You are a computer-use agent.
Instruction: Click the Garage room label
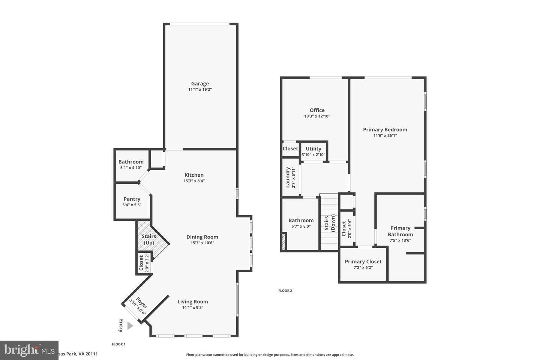coord(200,84)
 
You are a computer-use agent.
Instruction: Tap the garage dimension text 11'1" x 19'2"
coord(200,90)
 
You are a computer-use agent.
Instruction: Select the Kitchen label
coord(194,175)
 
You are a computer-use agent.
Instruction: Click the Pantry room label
coord(132,199)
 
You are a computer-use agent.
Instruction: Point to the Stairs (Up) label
coord(149,239)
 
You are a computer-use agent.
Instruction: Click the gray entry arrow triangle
coord(130,325)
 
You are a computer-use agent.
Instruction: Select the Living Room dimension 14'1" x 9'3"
coord(192,307)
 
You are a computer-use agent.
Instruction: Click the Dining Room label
coord(202,237)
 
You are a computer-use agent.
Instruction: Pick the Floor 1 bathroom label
coord(131,162)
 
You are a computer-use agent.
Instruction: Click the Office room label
coord(317,110)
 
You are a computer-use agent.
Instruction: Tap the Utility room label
coord(313,148)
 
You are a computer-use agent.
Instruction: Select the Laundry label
coord(288,177)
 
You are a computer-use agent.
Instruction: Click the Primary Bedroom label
coord(385,129)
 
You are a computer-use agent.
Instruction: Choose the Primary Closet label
coord(363,261)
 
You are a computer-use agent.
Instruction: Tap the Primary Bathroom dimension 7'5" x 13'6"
coord(400,240)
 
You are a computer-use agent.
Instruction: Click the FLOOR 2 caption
coord(285,291)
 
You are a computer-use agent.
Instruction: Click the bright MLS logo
coord(29,350)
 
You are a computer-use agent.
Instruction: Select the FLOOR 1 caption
coord(118,344)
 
